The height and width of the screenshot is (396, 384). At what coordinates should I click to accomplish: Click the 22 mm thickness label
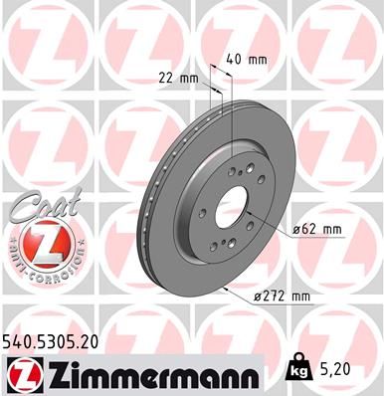point(179,77)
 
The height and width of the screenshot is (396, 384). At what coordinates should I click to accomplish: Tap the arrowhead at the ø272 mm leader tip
point(228,288)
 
